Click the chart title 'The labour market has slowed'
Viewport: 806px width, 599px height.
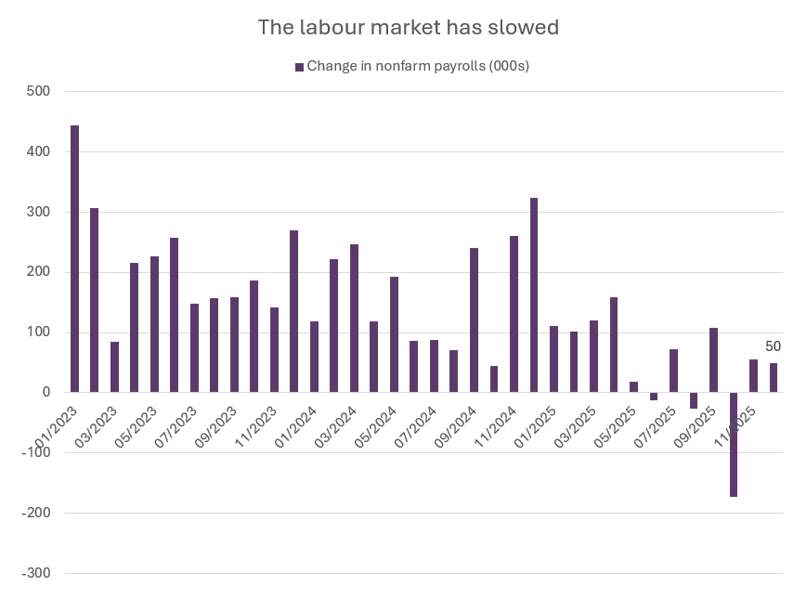point(408,28)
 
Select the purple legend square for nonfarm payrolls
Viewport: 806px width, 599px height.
point(299,66)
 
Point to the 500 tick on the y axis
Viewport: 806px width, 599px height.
point(38,92)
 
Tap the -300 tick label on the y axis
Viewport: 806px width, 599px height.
point(34,573)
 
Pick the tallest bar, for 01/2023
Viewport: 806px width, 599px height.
point(74,259)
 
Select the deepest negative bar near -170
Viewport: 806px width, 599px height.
point(734,445)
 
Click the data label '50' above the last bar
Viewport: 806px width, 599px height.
point(773,346)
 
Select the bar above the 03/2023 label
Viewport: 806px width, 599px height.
point(114,367)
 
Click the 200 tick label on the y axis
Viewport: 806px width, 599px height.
point(38,272)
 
